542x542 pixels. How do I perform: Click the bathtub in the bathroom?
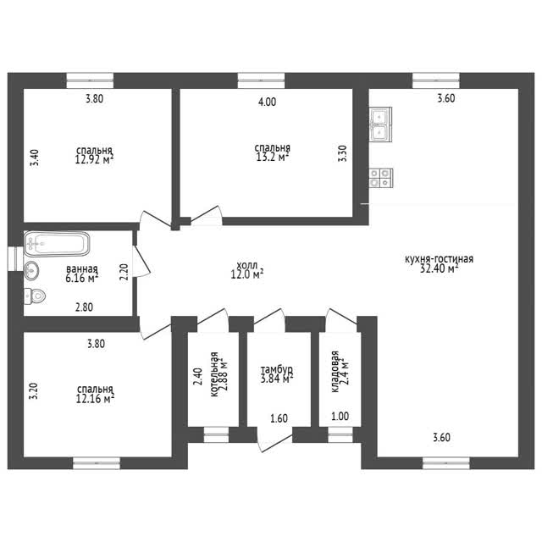tap(57, 244)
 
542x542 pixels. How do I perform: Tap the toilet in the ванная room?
tap(35, 296)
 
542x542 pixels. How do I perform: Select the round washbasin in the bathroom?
tap(31, 270)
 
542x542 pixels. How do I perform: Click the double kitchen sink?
tap(381, 124)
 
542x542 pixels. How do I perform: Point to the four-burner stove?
tap(381, 178)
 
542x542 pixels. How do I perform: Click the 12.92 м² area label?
tap(94, 159)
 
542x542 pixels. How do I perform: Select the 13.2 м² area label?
tap(273, 158)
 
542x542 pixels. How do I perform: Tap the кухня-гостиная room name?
tap(439, 259)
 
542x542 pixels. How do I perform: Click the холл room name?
tap(246, 265)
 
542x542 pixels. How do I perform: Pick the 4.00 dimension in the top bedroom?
tap(268, 102)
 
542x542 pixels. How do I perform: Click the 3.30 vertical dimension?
tap(342, 153)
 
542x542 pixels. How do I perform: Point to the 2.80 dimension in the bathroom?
tap(84, 307)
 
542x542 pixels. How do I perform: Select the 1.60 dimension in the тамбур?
tap(279, 418)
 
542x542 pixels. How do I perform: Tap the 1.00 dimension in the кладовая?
tap(340, 417)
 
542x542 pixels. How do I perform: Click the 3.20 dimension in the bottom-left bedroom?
tap(34, 391)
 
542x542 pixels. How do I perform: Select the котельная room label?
tap(214, 374)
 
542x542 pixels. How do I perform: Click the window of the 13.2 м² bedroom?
tap(262, 80)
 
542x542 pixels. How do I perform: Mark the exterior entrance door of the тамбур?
tap(275, 440)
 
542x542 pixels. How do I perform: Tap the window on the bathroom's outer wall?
tap(15, 258)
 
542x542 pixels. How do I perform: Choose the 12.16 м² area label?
tap(95, 399)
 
